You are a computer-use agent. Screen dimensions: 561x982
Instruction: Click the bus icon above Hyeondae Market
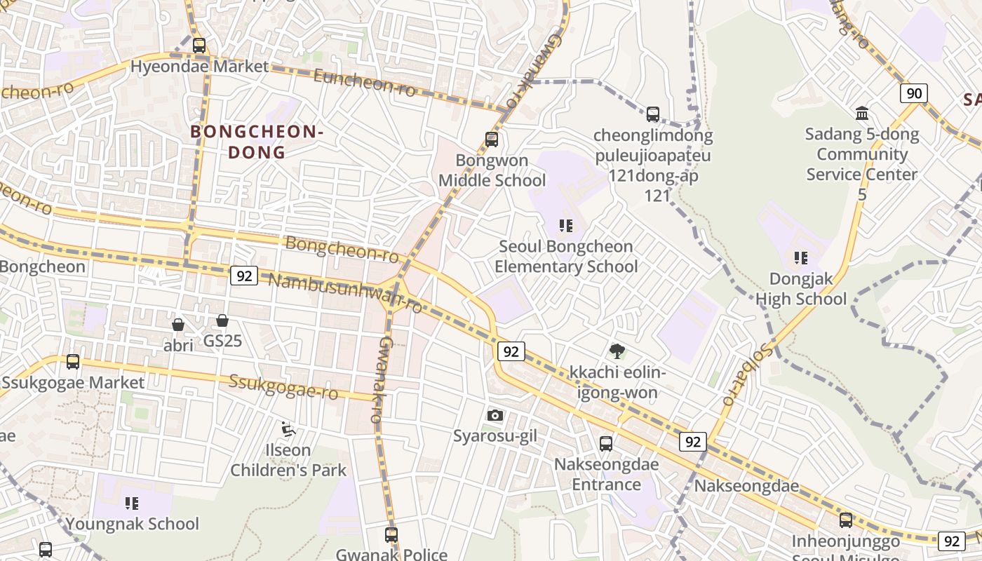point(199,46)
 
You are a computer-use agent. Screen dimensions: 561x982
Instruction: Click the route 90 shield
point(913,93)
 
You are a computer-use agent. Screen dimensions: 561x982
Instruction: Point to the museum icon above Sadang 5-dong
point(862,113)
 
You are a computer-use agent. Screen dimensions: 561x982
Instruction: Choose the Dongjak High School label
point(801,289)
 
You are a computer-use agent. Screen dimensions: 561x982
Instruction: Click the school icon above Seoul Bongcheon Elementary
point(566,226)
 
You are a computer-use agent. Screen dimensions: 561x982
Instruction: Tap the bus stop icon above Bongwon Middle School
point(491,140)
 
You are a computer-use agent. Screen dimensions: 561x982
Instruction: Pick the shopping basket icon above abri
point(178,325)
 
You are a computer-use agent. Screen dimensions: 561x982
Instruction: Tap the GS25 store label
point(222,342)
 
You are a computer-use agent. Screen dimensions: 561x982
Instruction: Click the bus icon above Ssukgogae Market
point(73,362)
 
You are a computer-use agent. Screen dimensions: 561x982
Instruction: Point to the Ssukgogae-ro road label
point(283,387)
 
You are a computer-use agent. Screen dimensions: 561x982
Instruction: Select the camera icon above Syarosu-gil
point(495,415)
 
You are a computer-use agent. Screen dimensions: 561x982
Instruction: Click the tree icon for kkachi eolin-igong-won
point(617,351)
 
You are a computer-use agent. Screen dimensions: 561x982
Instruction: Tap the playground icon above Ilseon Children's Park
point(288,428)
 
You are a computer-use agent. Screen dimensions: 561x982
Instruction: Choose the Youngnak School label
point(132,524)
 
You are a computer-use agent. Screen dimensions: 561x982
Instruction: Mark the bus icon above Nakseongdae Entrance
point(606,444)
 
